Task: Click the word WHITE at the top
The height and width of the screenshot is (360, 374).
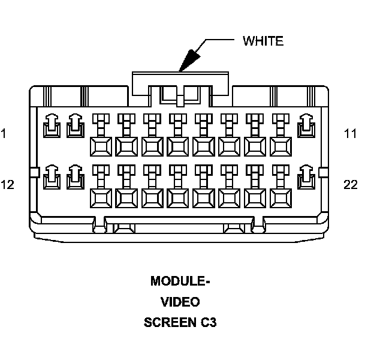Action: click(x=263, y=41)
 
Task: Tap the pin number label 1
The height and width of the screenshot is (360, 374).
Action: click(x=4, y=133)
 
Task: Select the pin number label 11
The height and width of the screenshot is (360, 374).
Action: click(x=351, y=133)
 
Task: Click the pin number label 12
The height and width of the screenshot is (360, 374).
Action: click(x=7, y=185)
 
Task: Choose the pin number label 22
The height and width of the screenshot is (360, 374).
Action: click(x=351, y=185)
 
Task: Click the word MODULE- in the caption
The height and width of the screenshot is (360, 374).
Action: click(x=180, y=281)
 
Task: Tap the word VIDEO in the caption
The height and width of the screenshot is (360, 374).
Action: click(x=180, y=302)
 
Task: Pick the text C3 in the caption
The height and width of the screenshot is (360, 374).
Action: click(x=209, y=322)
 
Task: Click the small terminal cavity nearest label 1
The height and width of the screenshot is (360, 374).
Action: click(x=52, y=126)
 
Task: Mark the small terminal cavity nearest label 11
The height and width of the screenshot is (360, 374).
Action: click(x=306, y=126)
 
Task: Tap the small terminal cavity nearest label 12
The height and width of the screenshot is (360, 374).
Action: click(x=52, y=177)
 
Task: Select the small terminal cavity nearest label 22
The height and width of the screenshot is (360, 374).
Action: click(x=306, y=177)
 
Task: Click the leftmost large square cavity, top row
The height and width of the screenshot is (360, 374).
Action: click(x=101, y=146)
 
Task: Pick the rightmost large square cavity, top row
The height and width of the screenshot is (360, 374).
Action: click(x=280, y=146)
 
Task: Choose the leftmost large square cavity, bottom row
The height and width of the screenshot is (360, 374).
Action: click(x=101, y=198)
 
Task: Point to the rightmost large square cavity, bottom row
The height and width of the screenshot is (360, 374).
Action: click(x=280, y=198)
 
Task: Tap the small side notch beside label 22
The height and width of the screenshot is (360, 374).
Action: click(x=323, y=173)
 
